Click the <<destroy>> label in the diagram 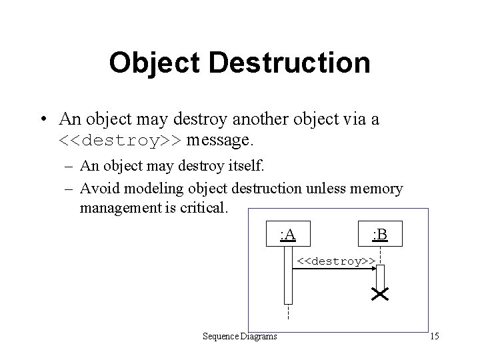click(x=335, y=260)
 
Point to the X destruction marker click(x=381, y=294)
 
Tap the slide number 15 click(x=435, y=335)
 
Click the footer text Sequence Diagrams click(x=240, y=335)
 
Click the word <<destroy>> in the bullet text click(x=123, y=141)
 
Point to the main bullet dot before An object click(x=42, y=119)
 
